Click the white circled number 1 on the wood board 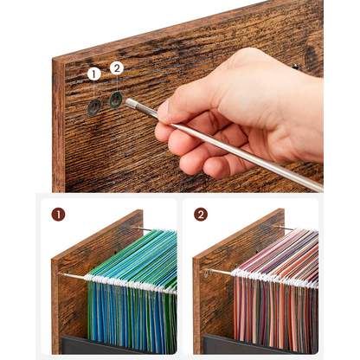(93, 74)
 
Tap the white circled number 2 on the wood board (117, 67)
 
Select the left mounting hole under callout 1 (93, 107)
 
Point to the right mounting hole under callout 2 (115, 100)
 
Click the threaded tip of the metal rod (130, 102)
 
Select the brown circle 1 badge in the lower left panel (57, 213)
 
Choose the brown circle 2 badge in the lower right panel (201, 213)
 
